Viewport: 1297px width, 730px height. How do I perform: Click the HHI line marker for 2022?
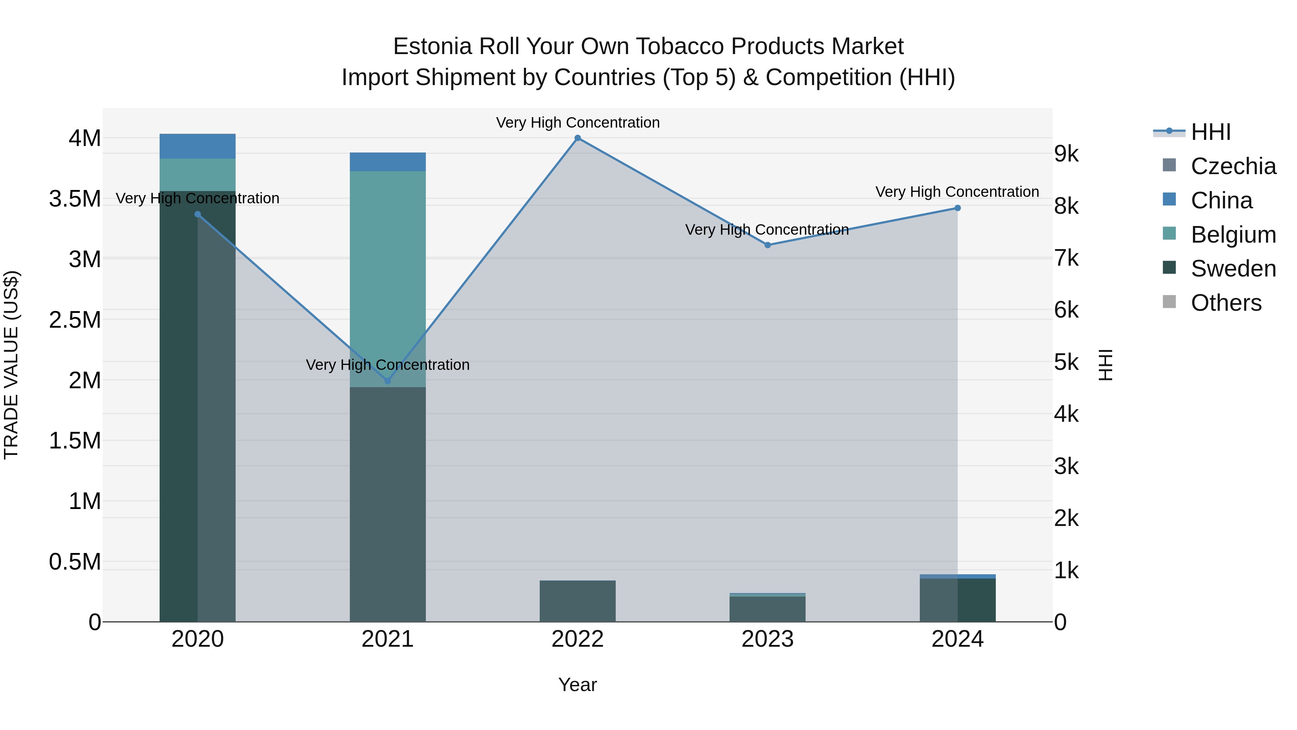point(578,138)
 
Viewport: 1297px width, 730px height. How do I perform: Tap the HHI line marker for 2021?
point(388,381)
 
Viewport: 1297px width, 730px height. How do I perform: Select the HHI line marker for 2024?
point(958,208)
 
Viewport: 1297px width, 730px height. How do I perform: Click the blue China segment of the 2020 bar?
point(197,146)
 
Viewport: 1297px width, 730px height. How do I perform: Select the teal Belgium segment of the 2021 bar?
point(388,277)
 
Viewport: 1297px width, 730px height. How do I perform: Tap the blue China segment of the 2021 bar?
point(388,162)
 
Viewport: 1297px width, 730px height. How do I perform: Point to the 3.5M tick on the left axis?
point(75,199)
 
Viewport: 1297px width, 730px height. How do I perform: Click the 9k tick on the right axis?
point(1066,154)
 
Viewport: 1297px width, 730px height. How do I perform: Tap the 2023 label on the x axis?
point(767,639)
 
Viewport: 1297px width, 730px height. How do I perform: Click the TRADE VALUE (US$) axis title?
point(11,365)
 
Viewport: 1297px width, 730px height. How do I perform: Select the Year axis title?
point(578,685)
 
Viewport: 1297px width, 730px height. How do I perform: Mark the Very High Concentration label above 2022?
point(578,123)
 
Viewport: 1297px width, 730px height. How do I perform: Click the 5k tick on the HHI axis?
point(1066,362)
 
